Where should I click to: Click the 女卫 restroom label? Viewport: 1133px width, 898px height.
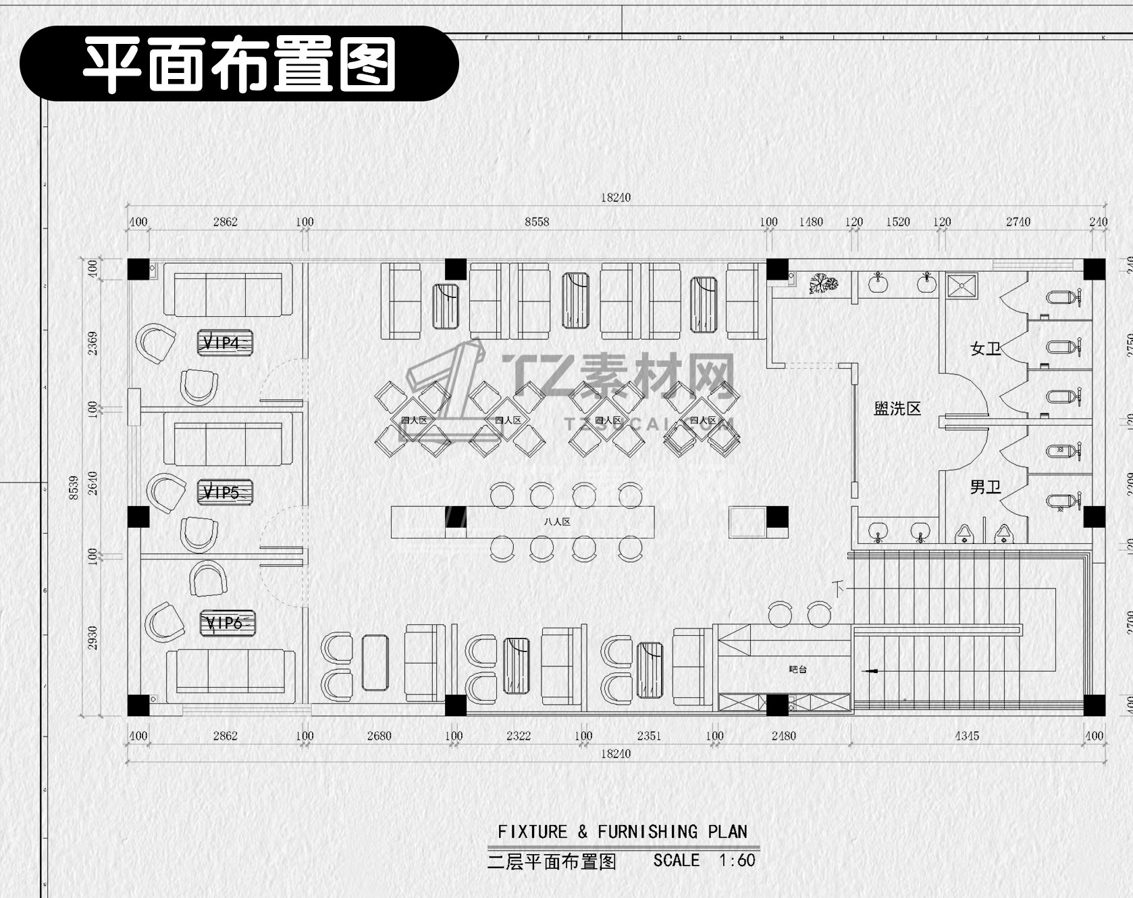pos(985,349)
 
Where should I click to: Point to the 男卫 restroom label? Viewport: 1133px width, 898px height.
pos(985,487)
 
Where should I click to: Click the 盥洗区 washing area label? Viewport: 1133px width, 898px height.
pos(897,408)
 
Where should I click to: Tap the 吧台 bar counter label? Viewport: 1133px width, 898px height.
pos(797,670)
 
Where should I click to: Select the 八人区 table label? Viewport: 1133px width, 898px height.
pos(557,522)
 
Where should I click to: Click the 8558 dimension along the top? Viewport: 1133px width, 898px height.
pos(537,222)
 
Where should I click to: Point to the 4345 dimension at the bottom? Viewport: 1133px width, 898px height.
pos(966,736)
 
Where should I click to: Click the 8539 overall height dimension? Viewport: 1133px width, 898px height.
pos(74,487)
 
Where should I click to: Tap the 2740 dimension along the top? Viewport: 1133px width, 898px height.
pos(1018,222)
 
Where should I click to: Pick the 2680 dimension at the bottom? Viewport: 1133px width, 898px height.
pos(379,736)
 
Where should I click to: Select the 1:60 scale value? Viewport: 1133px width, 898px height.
pos(737,860)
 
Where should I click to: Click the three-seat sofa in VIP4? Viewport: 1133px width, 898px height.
pos(228,295)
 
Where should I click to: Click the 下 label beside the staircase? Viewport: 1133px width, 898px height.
pos(839,588)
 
